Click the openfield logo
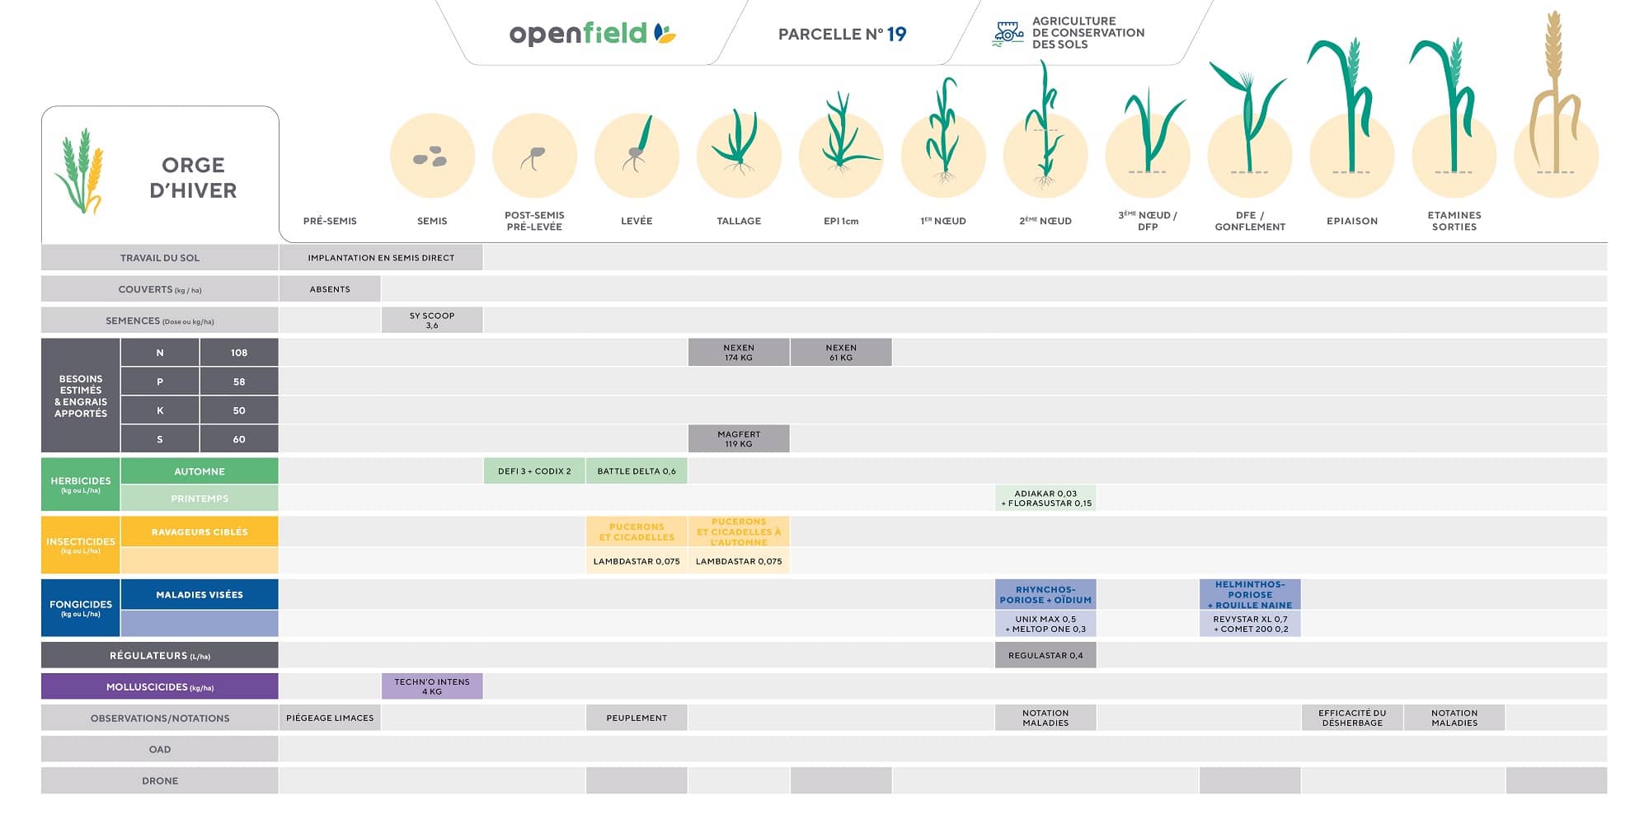(x=592, y=34)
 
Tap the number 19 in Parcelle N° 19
(x=896, y=34)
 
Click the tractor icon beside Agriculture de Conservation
(x=1008, y=33)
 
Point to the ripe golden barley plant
(x=1555, y=99)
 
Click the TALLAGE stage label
(x=739, y=221)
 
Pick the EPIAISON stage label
(x=1352, y=221)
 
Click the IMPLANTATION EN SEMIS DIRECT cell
(x=381, y=258)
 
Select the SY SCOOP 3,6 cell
(x=432, y=321)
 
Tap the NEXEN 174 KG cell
(x=739, y=353)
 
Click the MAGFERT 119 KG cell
(x=739, y=439)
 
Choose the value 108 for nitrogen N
(x=239, y=353)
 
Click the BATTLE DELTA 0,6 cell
(x=637, y=471)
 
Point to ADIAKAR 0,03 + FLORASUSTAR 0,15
(x=1045, y=499)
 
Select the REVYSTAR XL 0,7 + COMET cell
(x=1250, y=624)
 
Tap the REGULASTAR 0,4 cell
(x=1045, y=656)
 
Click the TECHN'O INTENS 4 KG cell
(x=432, y=686)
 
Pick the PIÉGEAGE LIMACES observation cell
(x=330, y=718)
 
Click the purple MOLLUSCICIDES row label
(x=160, y=686)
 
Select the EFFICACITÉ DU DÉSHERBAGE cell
(x=1352, y=718)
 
